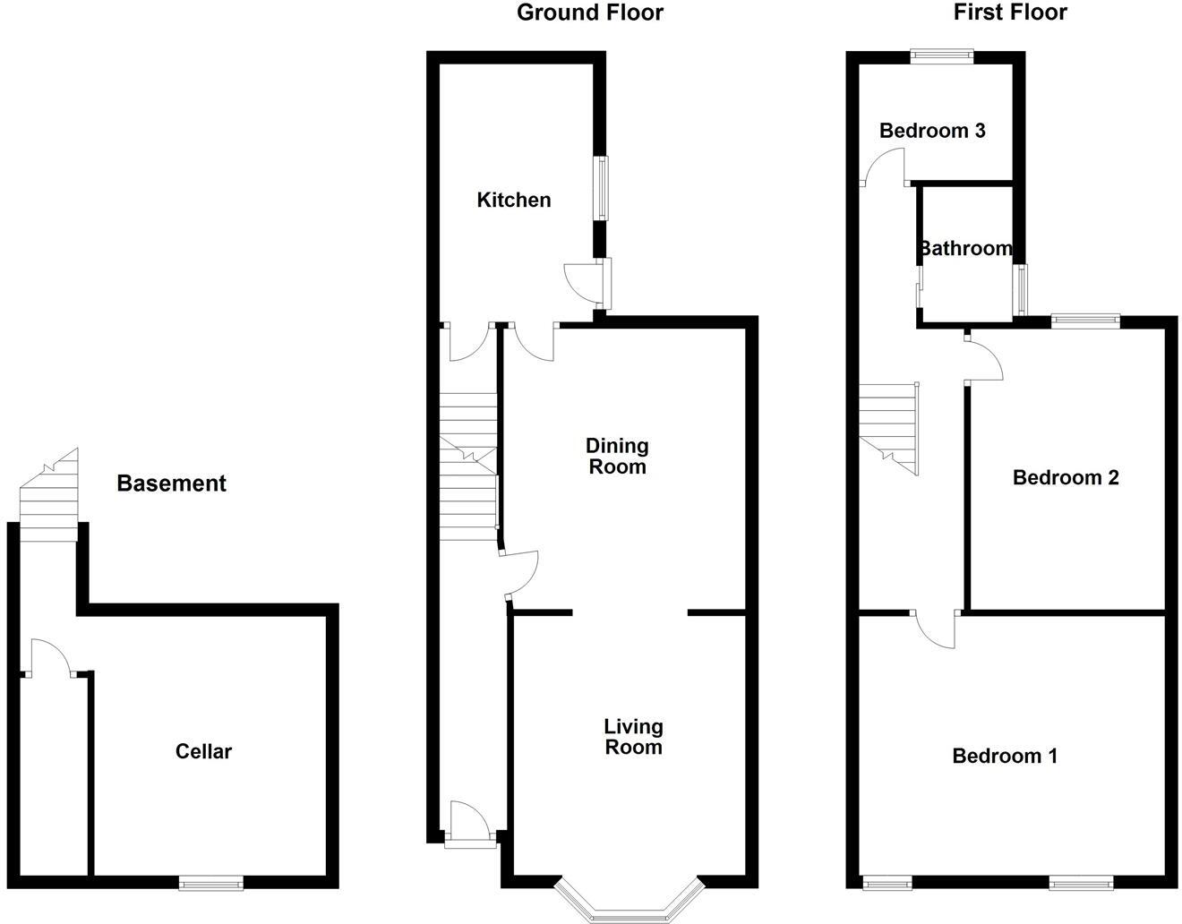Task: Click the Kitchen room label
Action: [513, 200]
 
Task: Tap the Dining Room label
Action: [617, 456]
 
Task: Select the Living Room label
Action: [633, 737]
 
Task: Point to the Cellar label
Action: [203, 751]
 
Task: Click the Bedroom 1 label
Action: [1005, 756]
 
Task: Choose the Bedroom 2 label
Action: [1066, 477]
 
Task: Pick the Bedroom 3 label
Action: [932, 131]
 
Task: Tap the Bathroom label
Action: [965, 248]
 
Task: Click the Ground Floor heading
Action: [590, 13]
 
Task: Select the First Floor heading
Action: [1010, 13]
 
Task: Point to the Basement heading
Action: [171, 483]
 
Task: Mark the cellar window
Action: [211, 883]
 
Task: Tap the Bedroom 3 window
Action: [942, 56]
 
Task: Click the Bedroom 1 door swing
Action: [935, 629]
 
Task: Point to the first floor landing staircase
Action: [889, 425]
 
